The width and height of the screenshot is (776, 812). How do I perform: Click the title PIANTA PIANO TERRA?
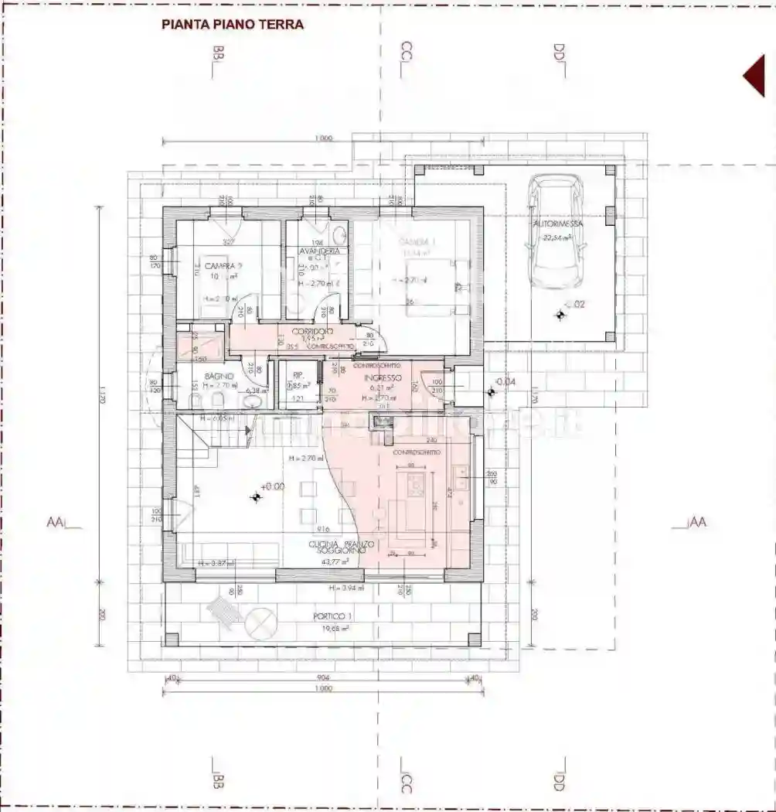(233, 24)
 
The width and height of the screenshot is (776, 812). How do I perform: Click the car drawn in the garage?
(556, 230)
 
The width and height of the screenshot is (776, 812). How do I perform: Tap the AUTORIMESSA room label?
(557, 223)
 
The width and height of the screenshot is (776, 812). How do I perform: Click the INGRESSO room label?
(383, 377)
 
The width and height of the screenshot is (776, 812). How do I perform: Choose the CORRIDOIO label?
(308, 330)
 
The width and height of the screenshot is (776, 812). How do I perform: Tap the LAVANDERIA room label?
(318, 251)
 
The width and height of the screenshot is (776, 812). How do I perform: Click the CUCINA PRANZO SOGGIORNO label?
(342, 549)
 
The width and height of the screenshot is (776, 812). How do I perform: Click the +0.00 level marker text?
(273, 487)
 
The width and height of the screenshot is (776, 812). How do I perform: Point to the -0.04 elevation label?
(505, 382)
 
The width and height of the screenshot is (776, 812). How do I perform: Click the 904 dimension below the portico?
(323, 677)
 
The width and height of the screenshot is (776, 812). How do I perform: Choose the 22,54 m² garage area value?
(556, 238)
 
